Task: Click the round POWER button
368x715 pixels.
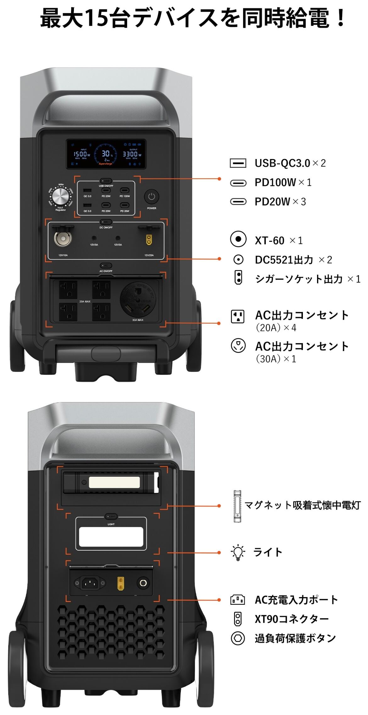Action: pyautogui.click(x=152, y=197)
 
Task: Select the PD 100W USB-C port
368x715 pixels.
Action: pyautogui.click(x=125, y=190)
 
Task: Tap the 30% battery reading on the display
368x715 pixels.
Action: pyautogui.click(x=106, y=154)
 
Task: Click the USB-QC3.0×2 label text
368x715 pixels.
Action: pyautogui.click(x=290, y=163)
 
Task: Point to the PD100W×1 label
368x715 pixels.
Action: pyautogui.click(x=283, y=182)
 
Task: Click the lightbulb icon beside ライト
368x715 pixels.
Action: pyautogui.click(x=238, y=552)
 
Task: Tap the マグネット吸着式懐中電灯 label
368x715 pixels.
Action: pyautogui.click(x=302, y=505)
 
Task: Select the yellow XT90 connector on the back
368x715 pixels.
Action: pyautogui.click(x=120, y=583)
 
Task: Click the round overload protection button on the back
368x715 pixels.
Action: pyautogui.click(x=143, y=583)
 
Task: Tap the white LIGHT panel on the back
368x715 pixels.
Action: pyautogui.click(x=111, y=537)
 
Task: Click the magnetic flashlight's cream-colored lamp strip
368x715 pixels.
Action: pyautogui.click(x=114, y=482)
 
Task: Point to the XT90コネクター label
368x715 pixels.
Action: pyautogui.click(x=292, y=619)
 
